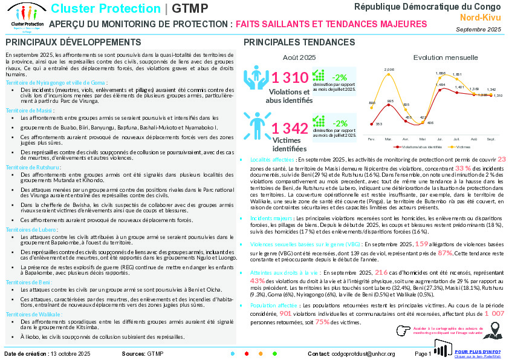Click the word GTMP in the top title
[190, 9]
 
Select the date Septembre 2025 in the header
[478, 29]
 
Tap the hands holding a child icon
[256, 79]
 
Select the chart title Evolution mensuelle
[446, 57]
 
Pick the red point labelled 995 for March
[390, 105]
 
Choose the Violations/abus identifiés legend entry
[418, 146]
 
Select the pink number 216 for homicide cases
[381, 272]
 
